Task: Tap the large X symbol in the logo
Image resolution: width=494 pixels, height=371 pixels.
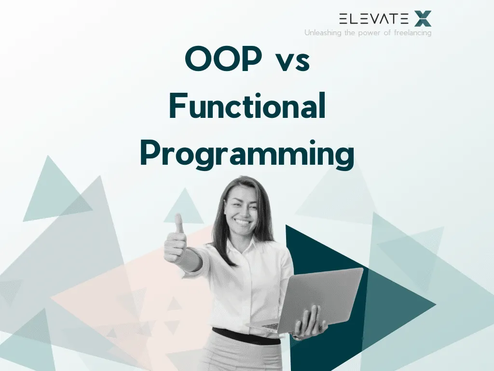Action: coord(423,19)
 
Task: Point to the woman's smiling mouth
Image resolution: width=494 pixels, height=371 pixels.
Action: coord(242,223)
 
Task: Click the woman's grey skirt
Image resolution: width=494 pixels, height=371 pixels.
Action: coord(246,357)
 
